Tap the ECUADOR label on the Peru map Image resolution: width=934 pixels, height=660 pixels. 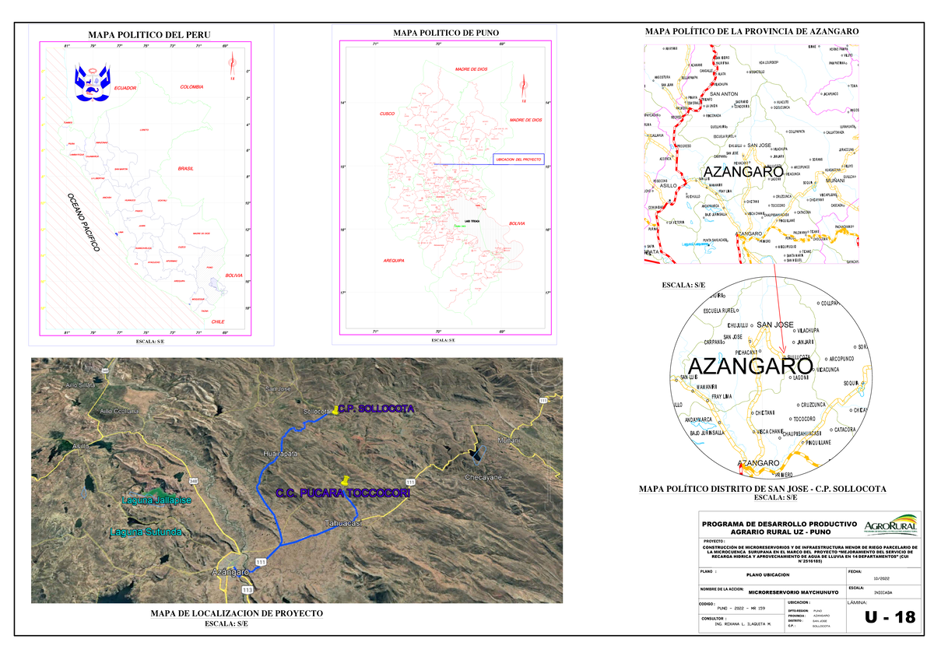click(125, 89)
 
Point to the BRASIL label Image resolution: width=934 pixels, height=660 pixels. click(185, 168)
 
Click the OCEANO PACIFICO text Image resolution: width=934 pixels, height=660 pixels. click(83, 221)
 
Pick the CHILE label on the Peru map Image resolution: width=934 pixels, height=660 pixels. click(217, 321)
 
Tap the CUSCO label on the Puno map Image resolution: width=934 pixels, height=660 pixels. click(388, 114)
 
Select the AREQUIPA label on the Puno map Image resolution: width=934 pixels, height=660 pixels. click(394, 261)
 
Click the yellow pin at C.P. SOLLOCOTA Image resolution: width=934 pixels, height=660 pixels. click(335, 409)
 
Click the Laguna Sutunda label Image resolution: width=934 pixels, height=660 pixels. click(146, 532)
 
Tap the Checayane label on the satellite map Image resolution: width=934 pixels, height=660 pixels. click(486, 477)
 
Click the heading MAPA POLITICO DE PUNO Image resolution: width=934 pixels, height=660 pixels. click(446, 33)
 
